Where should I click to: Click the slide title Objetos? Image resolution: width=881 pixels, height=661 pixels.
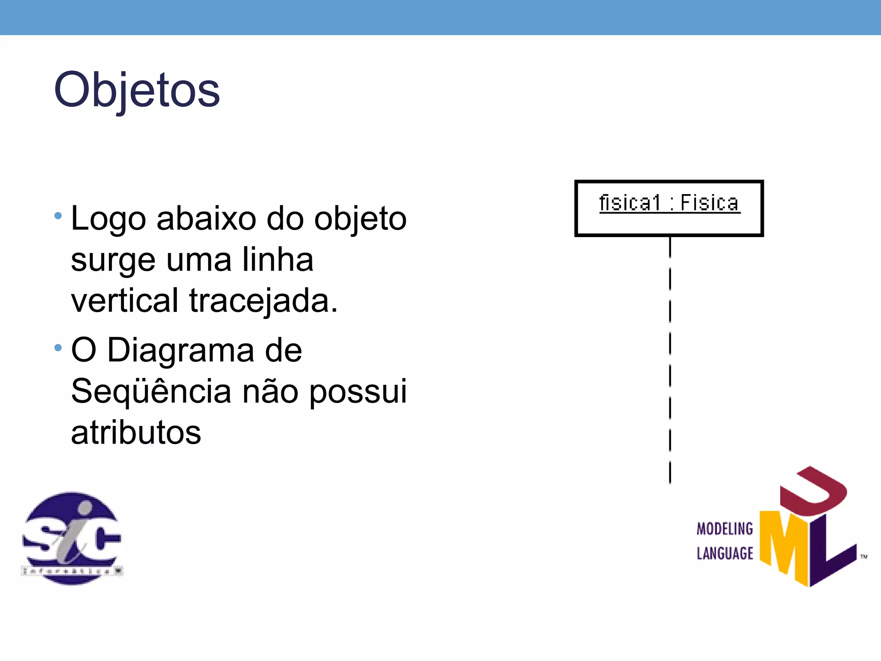(137, 90)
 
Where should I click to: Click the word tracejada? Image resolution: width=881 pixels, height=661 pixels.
(263, 301)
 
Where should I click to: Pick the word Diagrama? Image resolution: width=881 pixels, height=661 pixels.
(181, 350)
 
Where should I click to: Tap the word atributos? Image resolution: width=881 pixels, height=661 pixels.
(136, 432)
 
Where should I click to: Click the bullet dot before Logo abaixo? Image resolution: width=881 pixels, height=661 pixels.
(58, 215)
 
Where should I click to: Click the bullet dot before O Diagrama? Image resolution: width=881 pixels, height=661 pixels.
(58, 347)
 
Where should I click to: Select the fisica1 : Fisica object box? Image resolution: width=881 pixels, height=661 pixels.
(669, 208)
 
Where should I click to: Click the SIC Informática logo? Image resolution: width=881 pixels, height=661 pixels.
(72, 538)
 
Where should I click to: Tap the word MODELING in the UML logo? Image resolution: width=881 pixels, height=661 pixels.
(725, 529)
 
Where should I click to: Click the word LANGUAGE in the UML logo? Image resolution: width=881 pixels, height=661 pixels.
(725, 553)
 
